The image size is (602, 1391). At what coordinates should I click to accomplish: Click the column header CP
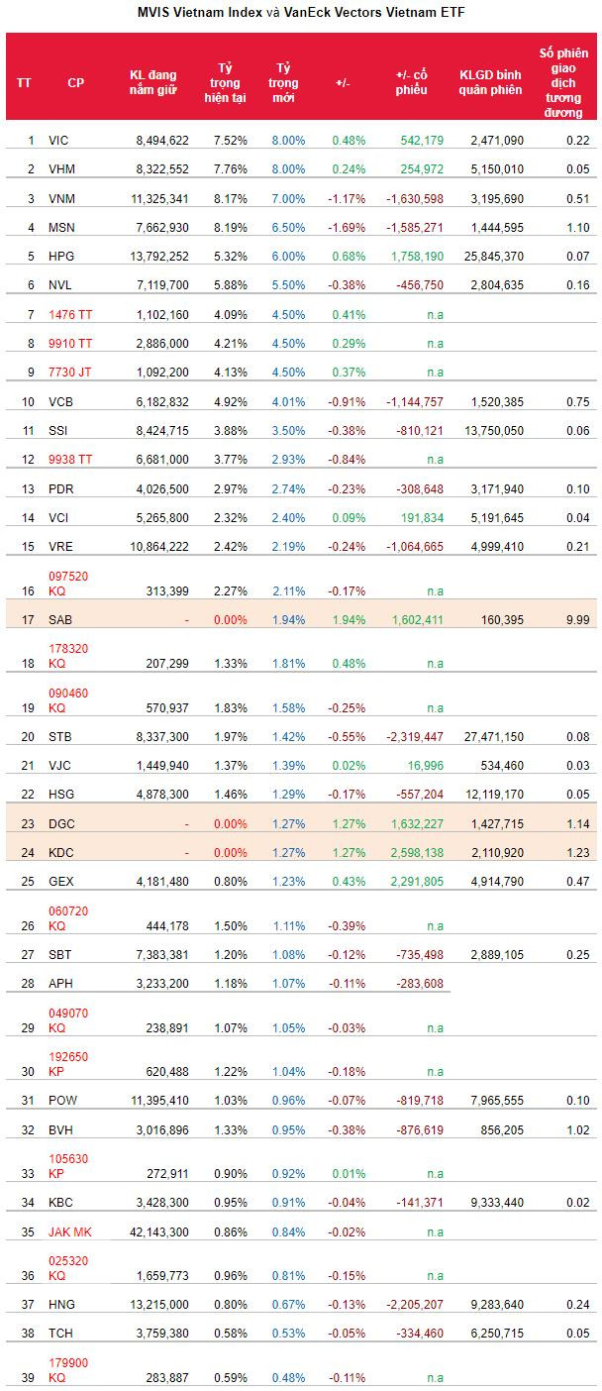pos(75,82)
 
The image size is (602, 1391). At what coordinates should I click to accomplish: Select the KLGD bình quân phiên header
pos(491,82)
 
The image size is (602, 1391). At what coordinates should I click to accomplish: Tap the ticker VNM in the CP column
pos(61,198)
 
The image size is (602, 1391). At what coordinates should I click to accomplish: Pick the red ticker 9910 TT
pos(70,344)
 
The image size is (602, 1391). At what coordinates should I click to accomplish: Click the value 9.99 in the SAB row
pos(577,619)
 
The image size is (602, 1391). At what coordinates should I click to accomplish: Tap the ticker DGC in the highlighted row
pos(61,823)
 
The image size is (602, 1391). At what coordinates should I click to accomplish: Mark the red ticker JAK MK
pos(70,1232)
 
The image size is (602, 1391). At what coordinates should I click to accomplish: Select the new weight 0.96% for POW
pos(288,1101)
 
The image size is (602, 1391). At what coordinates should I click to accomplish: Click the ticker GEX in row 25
pos(61,881)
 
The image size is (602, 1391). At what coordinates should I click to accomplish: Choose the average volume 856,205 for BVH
pos(498,1129)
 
